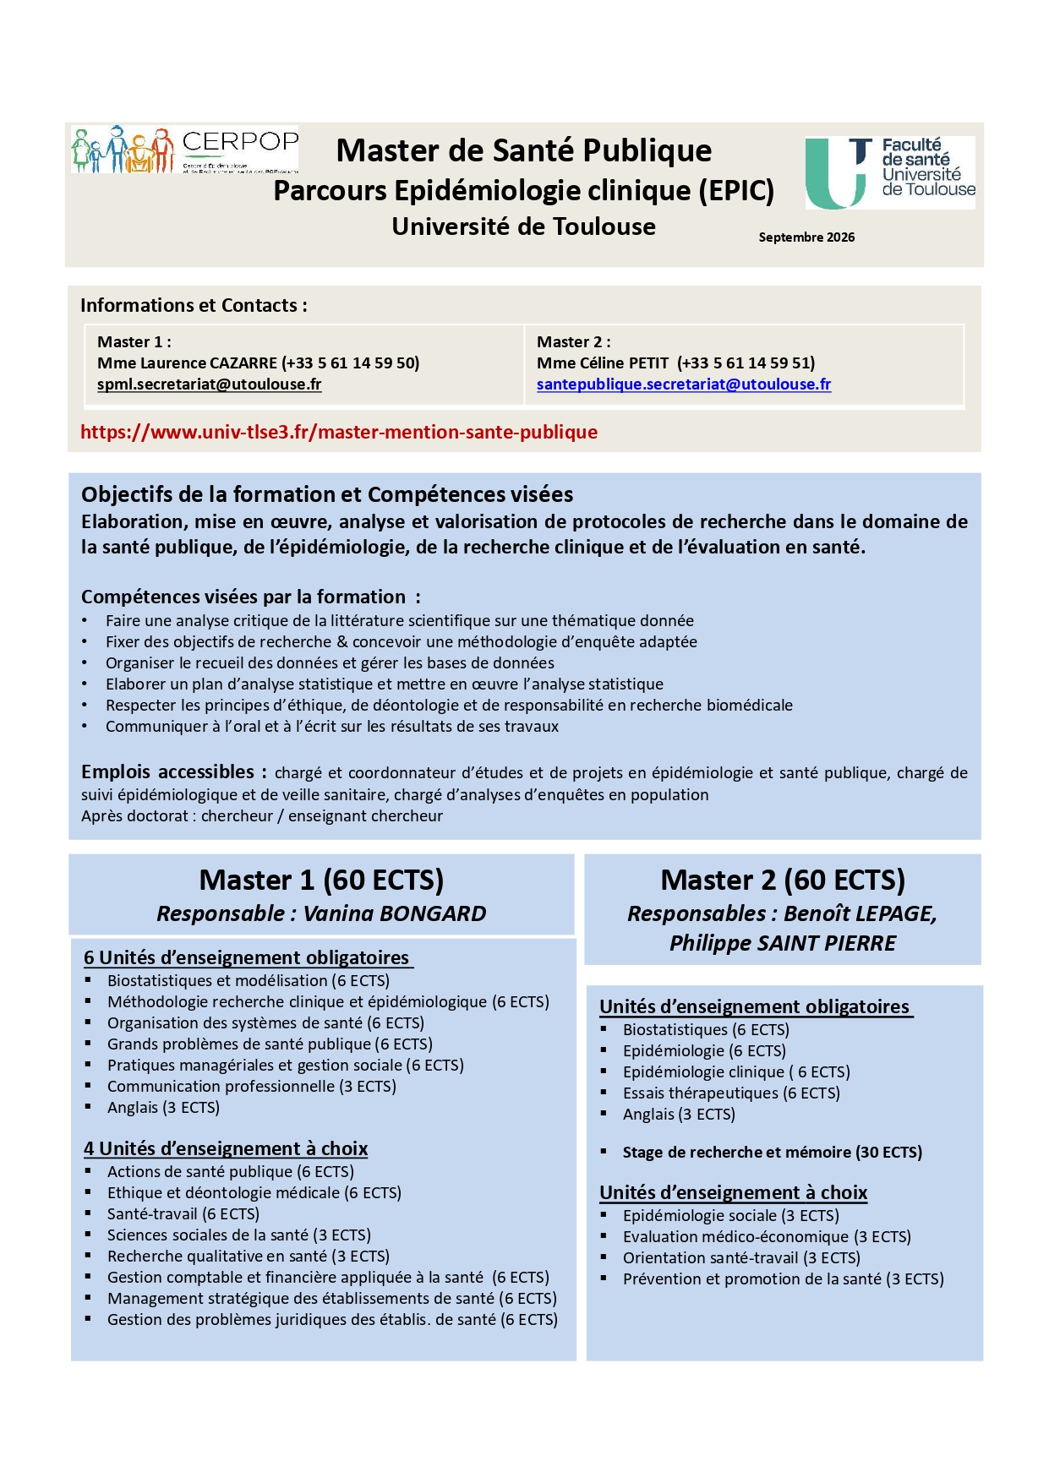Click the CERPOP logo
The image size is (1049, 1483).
point(185,150)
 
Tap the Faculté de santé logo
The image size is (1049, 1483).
point(890,172)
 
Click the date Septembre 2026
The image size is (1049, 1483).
point(806,237)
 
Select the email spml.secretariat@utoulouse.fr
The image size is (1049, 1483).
point(209,384)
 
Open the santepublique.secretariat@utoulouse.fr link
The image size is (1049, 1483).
point(683,384)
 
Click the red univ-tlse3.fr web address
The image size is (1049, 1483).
point(338,433)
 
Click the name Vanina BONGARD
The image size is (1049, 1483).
point(394,913)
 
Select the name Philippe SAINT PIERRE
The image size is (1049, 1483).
point(782,943)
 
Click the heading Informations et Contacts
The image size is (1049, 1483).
point(194,306)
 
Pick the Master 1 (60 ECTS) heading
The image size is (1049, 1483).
point(321,881)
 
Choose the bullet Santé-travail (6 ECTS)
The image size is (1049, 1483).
point(183,1214)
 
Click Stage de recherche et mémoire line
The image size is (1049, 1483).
point(772,1153)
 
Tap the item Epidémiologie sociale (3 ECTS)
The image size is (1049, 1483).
point(730,1216)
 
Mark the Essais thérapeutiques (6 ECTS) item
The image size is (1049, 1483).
point(731,1093)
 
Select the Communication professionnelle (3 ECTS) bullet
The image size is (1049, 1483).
point(251,1087)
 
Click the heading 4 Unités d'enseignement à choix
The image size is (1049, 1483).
point(226,1149)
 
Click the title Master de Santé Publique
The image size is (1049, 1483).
point(523,151)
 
